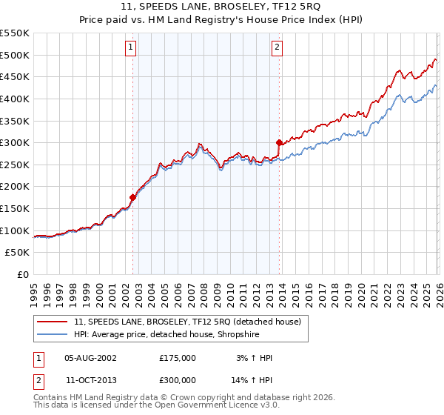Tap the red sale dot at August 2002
pyautogui.click(x=132, y=197)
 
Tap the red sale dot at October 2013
pyautogui.click(x=279, y=142)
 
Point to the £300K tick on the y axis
pyautogui.click(x=15, y=142)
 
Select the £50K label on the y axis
pyautogui.click(x=17, y=253)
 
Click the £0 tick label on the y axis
pyautogui.click(x=22, y=275)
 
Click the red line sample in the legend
pyautogui.click(x=52, y=322)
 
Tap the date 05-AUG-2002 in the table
pyautogui.click(x=91, y=358)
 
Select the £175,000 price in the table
pyautogui.click(x=178, y=358)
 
